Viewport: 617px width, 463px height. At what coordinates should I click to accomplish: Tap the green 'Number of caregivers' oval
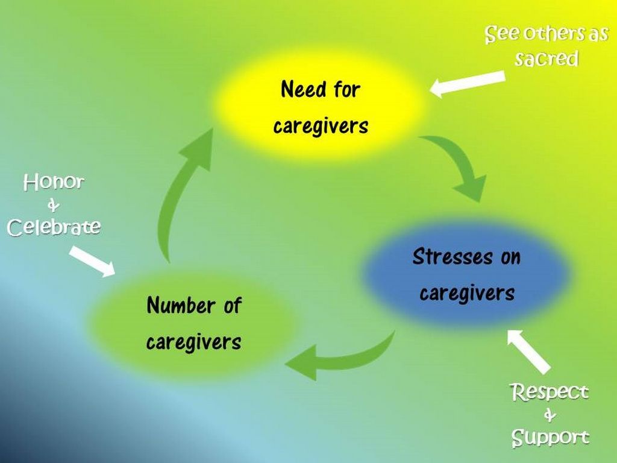[193, 324]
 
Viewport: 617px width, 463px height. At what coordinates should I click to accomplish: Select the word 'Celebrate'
[54, 227]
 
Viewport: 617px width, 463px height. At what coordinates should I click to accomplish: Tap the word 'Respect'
[550, 392]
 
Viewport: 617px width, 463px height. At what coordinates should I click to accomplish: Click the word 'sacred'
[547, 59]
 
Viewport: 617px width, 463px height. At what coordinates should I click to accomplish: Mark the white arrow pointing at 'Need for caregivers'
[468, 84]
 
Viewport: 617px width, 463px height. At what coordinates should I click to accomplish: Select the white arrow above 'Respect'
[528, 350]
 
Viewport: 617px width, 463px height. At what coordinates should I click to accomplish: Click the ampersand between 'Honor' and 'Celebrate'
[53, 206]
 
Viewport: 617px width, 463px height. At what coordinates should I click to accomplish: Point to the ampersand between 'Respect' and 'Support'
[550, 415]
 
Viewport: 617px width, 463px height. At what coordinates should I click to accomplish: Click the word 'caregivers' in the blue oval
[467, 294]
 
